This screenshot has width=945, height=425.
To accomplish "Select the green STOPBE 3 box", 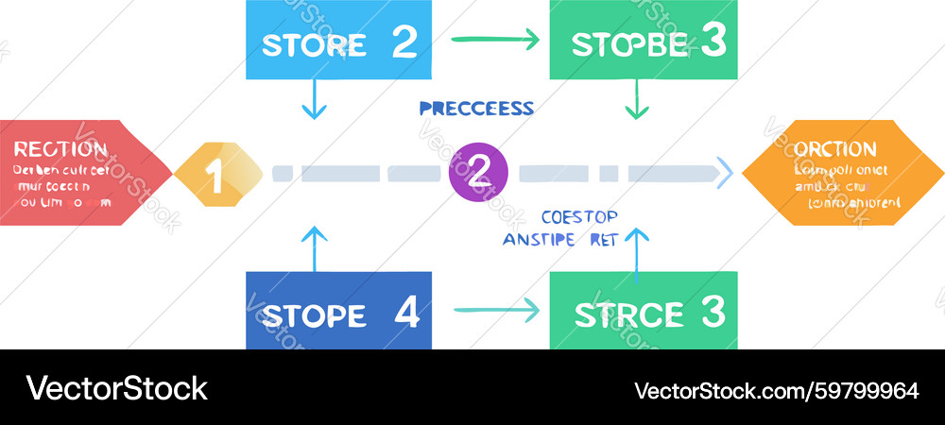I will [643, 42].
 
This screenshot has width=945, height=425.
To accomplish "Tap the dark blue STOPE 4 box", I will [338, 312].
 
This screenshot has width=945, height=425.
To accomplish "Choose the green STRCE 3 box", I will [643, 312].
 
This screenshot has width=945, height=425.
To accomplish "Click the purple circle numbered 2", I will [478, 172].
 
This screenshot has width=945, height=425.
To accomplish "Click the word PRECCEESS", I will [476, 109].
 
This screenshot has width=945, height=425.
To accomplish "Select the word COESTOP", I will [578, 216].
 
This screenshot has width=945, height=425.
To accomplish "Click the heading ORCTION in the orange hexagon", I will [835, 149].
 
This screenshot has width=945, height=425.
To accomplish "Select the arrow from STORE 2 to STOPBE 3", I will [494, 40].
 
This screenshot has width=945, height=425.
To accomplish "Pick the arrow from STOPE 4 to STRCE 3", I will [494, 310].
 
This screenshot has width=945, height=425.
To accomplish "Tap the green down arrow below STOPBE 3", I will [637, 100].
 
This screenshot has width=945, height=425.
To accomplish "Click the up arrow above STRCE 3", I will [638, 250].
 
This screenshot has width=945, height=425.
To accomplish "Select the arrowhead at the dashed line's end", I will [726, 173].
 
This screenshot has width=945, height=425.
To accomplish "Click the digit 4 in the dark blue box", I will [406, 312].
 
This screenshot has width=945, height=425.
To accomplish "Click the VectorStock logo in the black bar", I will [117, 388].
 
